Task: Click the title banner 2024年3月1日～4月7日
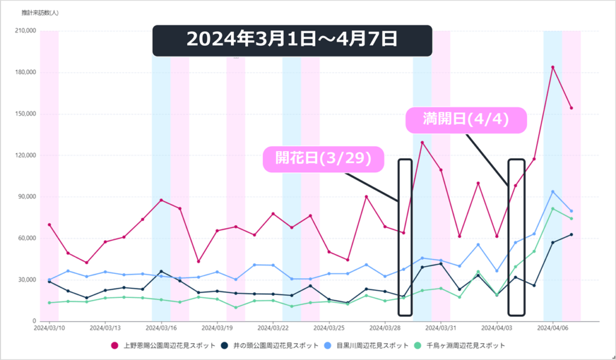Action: pyautogui.click(x=292, y=40)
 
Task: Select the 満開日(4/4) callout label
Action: pyautogui.click(x=466, y=120)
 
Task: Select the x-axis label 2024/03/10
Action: pyautogui.click(x=49, y=328)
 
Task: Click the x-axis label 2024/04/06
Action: pyautogui.click(x=553, y=328)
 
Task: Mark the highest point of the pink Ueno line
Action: pyautogui.click(x=553, y=67)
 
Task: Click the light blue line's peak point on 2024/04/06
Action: pyautogui.click(x=553, y=191)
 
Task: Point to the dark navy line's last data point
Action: pyautogui.click(x=571, y=234)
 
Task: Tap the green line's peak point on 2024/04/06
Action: pyautogui.click(x=553, y=208)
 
